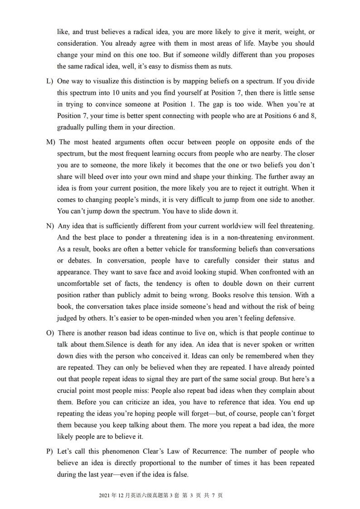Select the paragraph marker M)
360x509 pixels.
tap(50, 142)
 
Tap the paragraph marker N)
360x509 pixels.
tap(50, 226)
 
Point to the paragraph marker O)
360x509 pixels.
tap(50, 333)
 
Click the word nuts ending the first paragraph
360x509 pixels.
tap(224, 66)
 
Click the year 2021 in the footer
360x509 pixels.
tap(104, 495)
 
